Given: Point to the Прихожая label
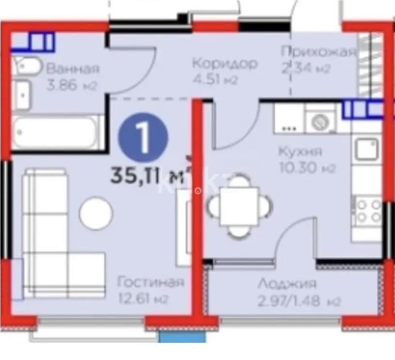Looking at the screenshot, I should pos(319,52).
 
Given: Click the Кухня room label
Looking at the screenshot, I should pos(300,152).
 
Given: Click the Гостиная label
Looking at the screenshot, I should pos(151,282).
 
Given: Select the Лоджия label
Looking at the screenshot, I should pos(287,284).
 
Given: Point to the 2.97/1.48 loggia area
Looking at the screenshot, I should pos(299,301).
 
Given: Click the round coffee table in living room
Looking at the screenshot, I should pos(96,213).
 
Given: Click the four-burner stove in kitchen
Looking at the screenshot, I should pos(368,211).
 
